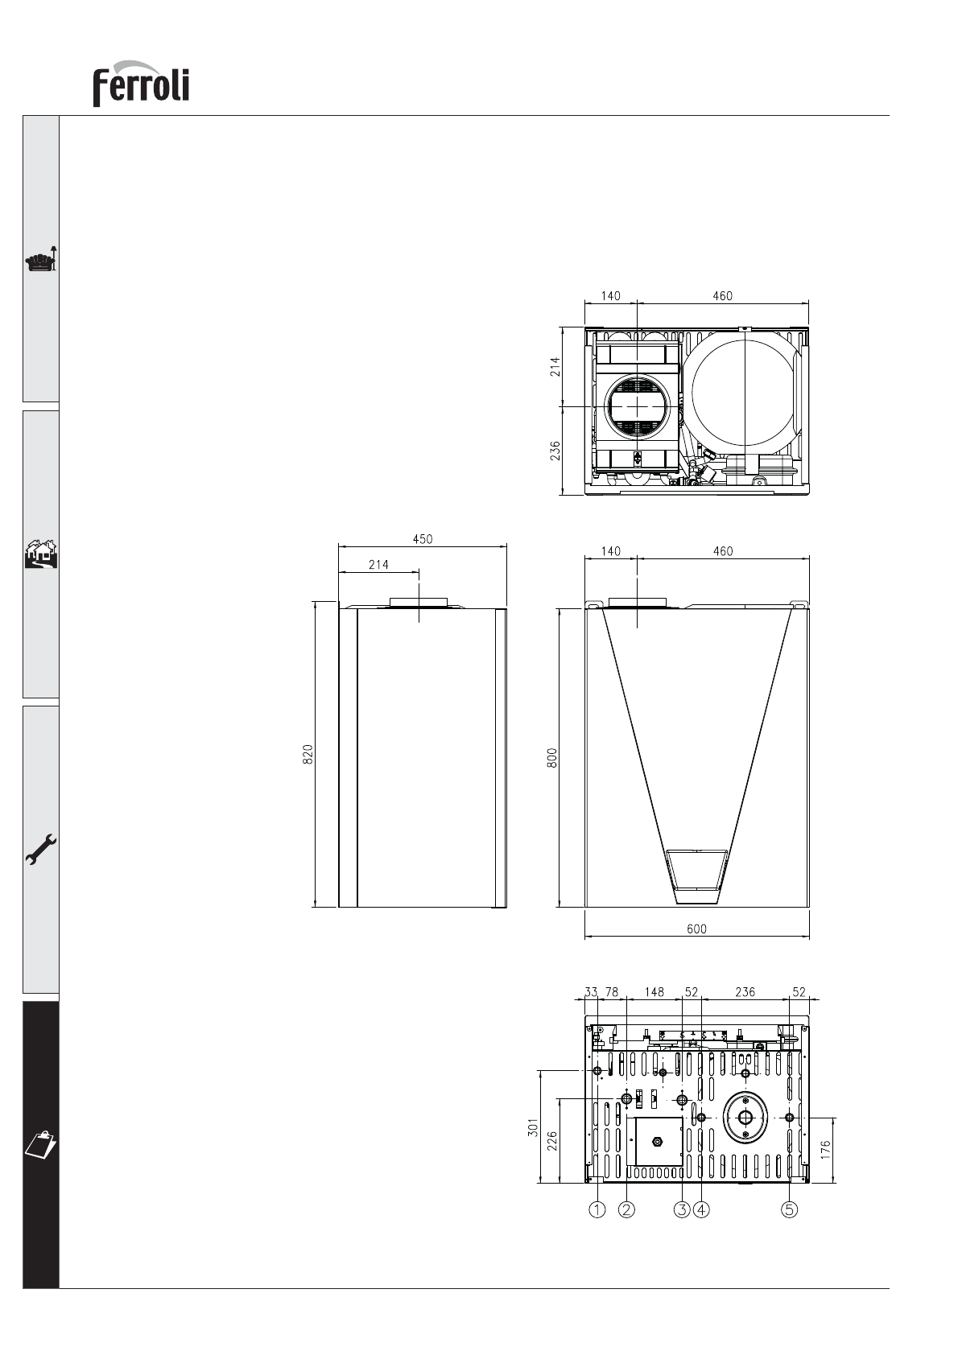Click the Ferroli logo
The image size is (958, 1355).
[140, 84]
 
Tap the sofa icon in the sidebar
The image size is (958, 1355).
[41, 259]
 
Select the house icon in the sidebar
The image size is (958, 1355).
[41, 554]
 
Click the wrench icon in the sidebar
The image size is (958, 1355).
[41, 850]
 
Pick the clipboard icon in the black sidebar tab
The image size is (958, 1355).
[40, 1144]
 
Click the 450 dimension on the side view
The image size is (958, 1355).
[423, 539]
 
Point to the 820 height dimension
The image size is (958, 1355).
[308, 754]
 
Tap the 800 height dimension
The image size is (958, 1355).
[552, 758]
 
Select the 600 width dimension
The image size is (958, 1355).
[696, 929]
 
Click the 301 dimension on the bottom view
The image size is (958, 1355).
[533, 1127]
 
